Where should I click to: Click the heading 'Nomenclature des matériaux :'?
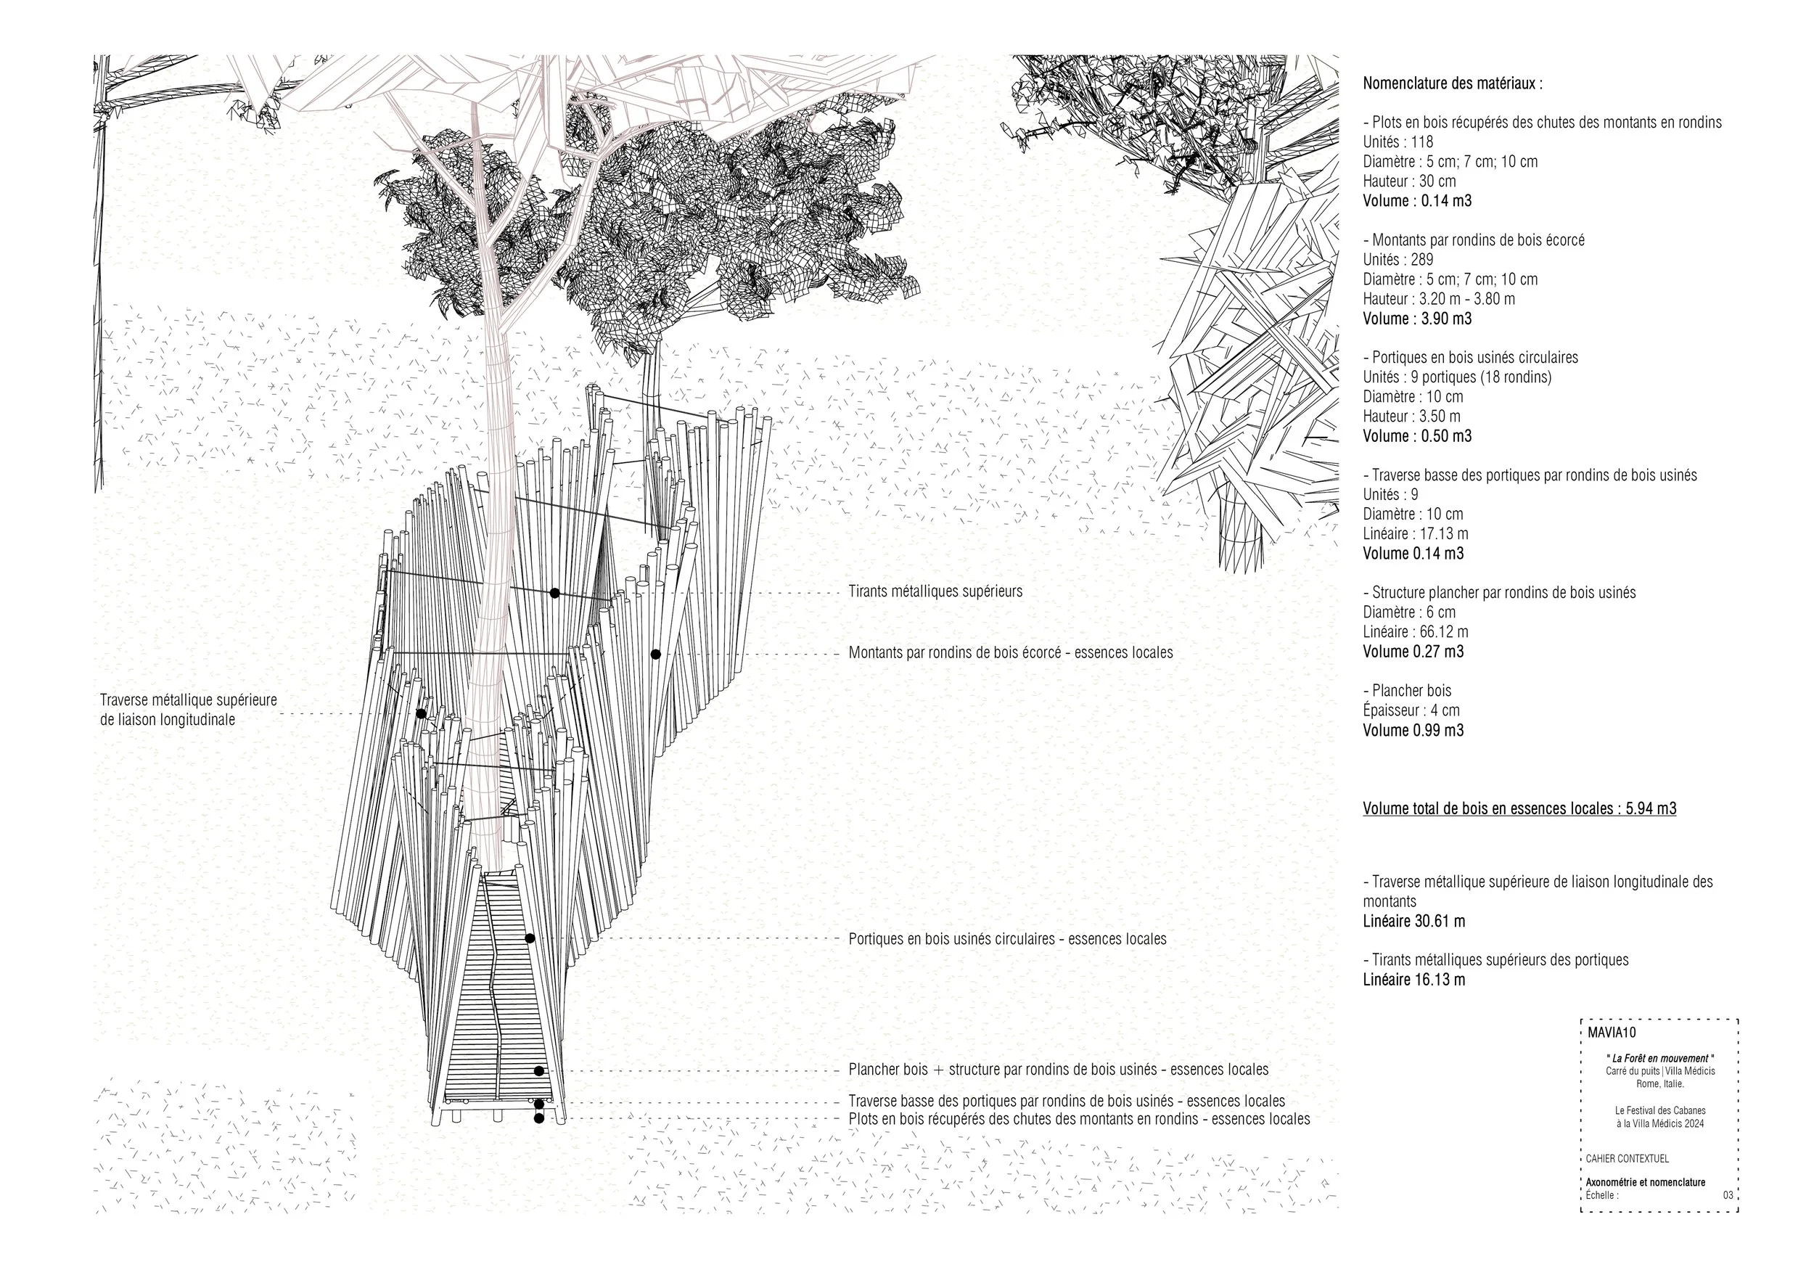click(1452, 83)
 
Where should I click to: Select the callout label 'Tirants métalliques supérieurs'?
click(935, 591)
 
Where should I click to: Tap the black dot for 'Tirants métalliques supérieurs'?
click(554, 593)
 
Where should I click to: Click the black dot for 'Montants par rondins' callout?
click(656, 654)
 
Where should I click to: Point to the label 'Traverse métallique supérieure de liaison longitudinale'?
click(188, 710)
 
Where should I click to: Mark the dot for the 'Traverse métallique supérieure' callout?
click(421, 713)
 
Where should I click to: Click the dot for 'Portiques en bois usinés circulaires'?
click(530, 938)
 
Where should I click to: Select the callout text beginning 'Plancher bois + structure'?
click(1059, 1070)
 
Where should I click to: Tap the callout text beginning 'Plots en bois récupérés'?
click(1079, 1119)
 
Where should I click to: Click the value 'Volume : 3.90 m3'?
click(1417, 319)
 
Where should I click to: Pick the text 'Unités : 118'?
click(1398, 142)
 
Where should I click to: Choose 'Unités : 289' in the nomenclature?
click(1398, 260)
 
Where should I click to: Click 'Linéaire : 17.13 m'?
click(1416, 534)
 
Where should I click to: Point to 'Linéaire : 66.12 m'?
click(1416, 632)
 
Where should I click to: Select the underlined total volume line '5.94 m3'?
click(1519, 808)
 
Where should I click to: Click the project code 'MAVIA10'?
click(1612, 1033)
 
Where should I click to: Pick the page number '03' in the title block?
click(1728, 1195)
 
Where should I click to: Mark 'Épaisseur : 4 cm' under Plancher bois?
click(1411, 710)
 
